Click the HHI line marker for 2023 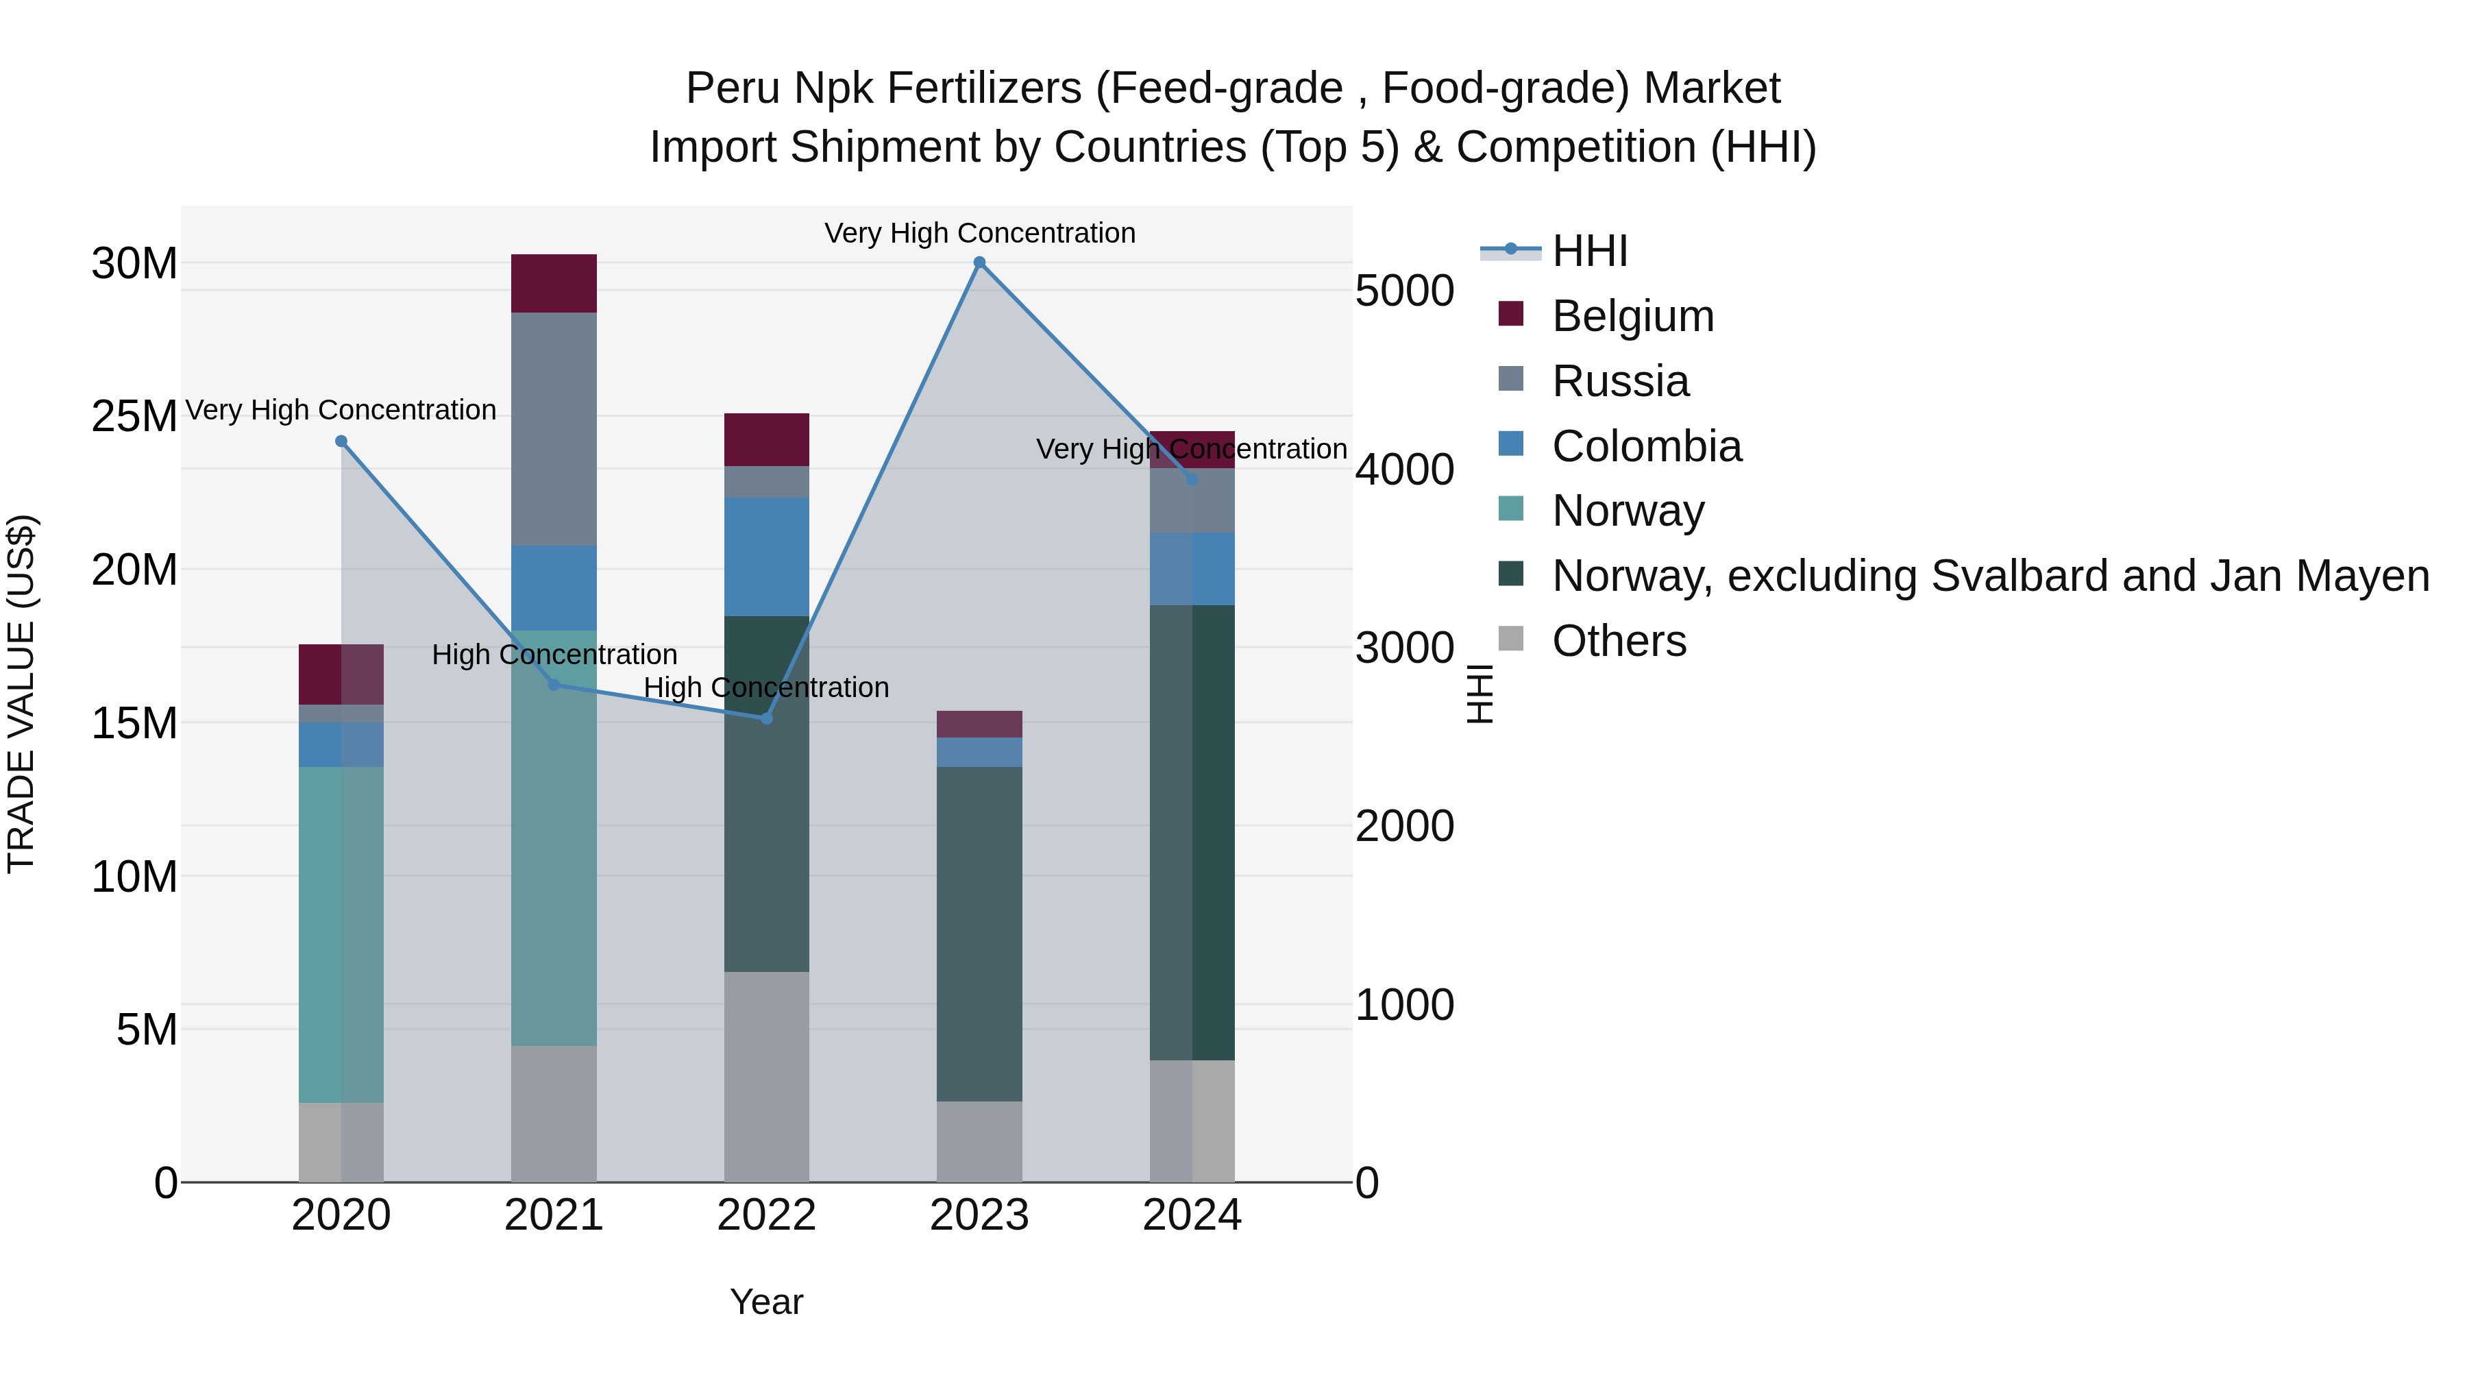click(x=979, y=263)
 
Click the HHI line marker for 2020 click(x=341, y=441)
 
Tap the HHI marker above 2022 click(x=766, y=718)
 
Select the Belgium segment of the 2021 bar click(x=554, y=284)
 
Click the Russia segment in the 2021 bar click(x=554, y=429)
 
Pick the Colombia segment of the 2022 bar click(x=766, y=557)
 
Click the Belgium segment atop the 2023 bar click(x=979, y=725)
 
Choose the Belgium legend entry click(x=1632, y=316)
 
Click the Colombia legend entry click(x=1645, y=446)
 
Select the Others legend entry click(x=1619, y=641)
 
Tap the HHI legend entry click(x=1590, y=251)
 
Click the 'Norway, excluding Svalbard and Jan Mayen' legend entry click(x=1990, y=576)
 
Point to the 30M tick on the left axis click(x=134, y=263)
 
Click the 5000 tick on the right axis click(x=1404, y=291)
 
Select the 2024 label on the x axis click(x=1192, y=1215)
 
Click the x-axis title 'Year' click(x=766, y=1302)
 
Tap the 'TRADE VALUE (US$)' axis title click(x=21, y=694)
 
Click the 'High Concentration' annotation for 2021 click(x=554, y=655)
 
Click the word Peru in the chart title click(x=733, y=88)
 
